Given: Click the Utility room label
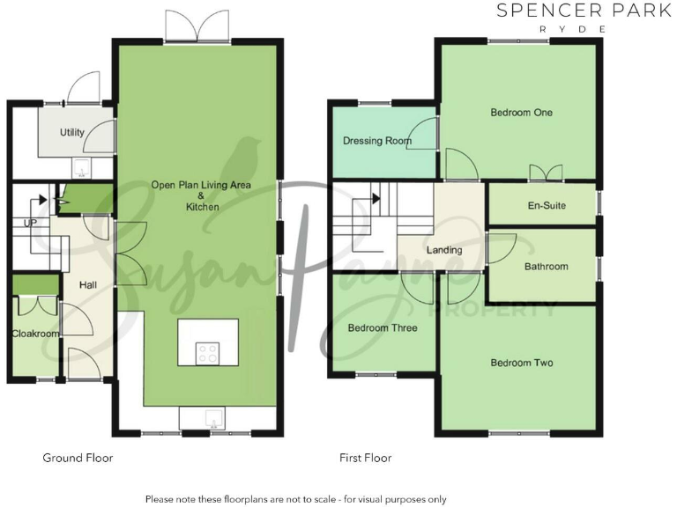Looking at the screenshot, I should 72,133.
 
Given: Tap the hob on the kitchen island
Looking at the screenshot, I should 208,352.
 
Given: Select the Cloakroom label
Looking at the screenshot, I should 34,334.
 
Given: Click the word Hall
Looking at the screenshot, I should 88,285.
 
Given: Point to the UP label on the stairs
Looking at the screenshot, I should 30,224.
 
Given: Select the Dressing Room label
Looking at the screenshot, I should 377,141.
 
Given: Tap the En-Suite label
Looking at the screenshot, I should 547,206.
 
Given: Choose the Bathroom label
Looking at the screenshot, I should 547,266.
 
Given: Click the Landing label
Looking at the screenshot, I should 444,250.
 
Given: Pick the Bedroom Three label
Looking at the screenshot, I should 383,328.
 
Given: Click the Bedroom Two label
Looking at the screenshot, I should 523,363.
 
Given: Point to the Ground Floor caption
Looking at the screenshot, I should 78,458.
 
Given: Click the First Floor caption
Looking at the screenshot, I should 365,458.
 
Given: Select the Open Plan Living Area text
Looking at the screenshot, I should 201,185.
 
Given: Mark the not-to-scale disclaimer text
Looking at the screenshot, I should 295,499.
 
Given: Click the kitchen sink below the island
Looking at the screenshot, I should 205,419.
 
